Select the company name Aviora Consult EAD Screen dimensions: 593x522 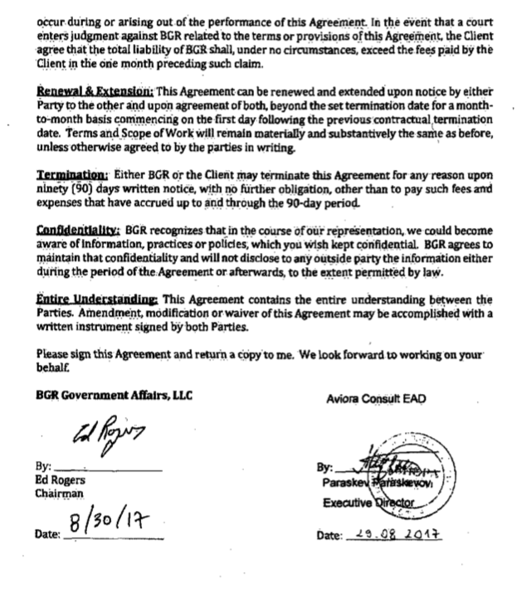click(376, 398)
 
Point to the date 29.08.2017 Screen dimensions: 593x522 click(394, 536)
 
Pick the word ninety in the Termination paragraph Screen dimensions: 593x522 click(55, 191)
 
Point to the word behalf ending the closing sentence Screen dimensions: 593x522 click(53, 376)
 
